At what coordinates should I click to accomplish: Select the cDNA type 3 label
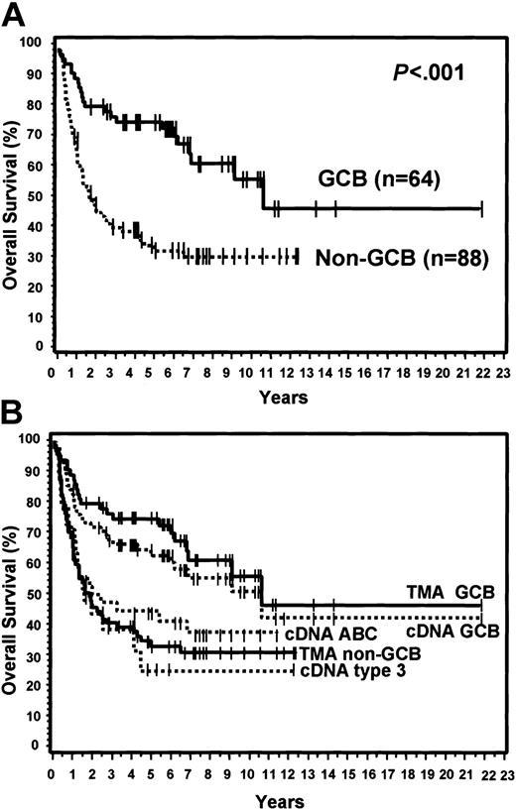tap(343, 671)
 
